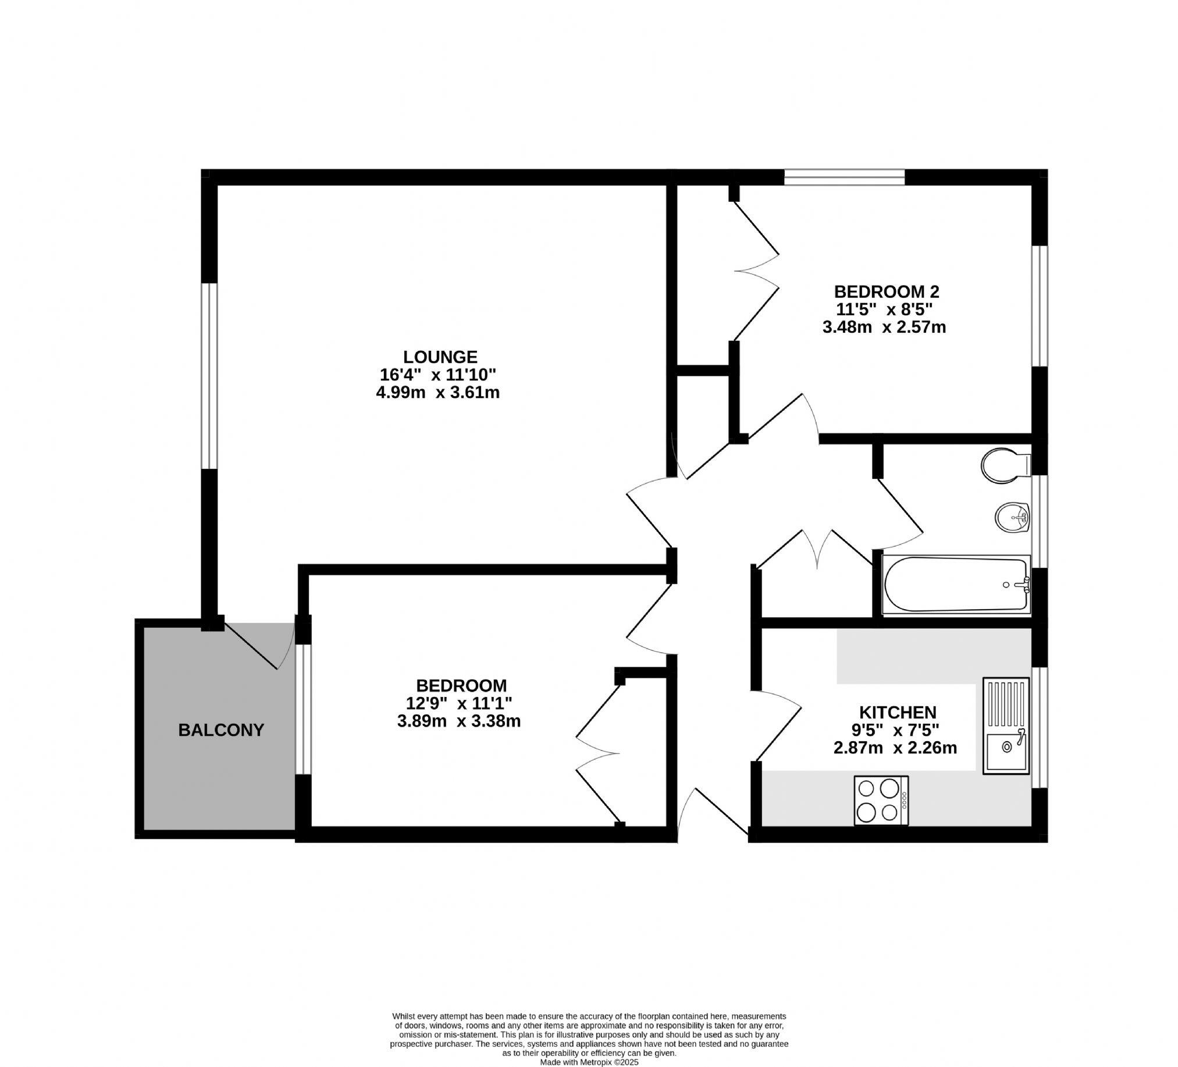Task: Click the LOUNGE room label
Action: click(x=440, y=357)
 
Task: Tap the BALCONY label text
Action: click(x=221, y=730)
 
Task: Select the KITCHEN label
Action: click(x=898, y=712)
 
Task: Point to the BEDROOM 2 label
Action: click(x=886, y=291)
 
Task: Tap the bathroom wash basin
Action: click(x=1012, y=517)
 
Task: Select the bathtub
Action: click(x=955, y=585)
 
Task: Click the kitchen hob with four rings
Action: click(x=881, y=800)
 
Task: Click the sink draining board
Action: click(x=1006, y=704)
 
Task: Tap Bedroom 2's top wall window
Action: click(x=844, y=176)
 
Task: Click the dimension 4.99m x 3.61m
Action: click(x=437, y=393)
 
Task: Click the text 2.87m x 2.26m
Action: click(x=895, y=748)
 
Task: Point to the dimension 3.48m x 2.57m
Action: click(x=884, y=327)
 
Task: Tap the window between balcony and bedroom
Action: click(x=302, y=709)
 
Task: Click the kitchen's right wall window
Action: click(x=1039, y=727)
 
